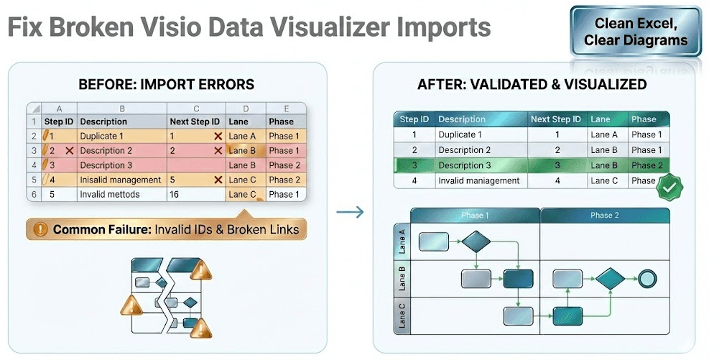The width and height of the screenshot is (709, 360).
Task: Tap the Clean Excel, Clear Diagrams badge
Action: point(635,32)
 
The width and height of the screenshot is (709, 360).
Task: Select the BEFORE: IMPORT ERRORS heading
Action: point(166,85)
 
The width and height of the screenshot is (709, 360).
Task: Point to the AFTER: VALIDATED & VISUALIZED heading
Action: point(532,85)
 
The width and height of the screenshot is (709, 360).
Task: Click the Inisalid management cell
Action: point(120,180)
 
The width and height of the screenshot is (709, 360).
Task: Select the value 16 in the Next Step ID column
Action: point(175,194)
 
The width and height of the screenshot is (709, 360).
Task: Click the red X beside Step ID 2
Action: point(69,151)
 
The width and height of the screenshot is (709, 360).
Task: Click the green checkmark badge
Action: point(670,185)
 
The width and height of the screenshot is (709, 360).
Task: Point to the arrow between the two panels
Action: point(350,212)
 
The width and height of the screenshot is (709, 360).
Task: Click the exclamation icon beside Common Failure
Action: point(40,230)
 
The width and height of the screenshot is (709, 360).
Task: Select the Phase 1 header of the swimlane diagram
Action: point(475,216)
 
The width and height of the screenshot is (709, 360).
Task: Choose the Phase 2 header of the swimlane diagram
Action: point(604,216)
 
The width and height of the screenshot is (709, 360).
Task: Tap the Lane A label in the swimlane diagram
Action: point(402,242)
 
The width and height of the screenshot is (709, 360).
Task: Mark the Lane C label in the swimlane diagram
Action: point(402,315)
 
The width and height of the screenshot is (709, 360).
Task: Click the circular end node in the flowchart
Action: point(647,278)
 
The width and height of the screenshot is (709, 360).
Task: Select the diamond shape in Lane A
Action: point(476,241)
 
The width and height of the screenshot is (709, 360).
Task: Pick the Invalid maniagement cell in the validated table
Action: point(478,180)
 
